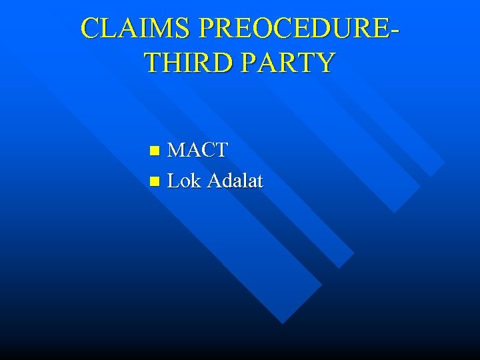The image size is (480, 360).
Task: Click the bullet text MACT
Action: [197, 150]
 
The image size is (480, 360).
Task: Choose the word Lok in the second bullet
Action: [184, 180]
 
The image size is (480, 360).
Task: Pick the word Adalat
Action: [235, 180]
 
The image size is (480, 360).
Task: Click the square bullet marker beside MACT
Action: [155, 151]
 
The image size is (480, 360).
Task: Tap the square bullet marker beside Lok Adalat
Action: [155, 181]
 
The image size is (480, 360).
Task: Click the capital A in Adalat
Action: [215, 180]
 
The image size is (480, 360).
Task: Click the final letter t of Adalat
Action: [259, 181]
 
